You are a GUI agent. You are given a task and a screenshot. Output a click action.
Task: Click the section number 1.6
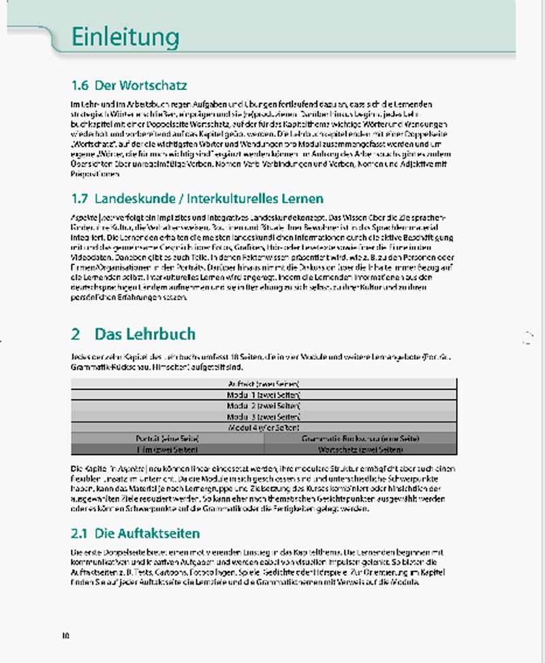click(80, 86)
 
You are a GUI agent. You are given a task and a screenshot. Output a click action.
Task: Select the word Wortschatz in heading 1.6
click(151, 86)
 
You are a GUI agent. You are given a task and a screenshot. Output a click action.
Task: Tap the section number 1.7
click(80, 199)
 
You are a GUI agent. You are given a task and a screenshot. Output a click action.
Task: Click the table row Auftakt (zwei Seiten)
click(264, 383)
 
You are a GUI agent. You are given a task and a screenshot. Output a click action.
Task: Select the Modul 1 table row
click(264, 395)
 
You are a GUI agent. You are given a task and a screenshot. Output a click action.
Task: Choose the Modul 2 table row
click(264, 405)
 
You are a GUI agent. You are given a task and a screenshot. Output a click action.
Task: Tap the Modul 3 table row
click(264, 416)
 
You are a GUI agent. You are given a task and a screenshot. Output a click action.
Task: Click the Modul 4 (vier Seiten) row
click(264, 427)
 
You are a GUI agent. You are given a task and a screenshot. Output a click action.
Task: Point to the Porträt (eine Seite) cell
click(168, 438)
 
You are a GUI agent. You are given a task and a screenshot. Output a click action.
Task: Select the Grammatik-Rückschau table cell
click(360, 438)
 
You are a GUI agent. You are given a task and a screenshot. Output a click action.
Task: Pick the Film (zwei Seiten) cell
click(168, 449)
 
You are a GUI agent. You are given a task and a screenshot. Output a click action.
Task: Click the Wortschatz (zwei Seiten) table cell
click(360, 449)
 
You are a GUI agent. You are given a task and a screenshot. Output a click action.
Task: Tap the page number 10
click(66, 636)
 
